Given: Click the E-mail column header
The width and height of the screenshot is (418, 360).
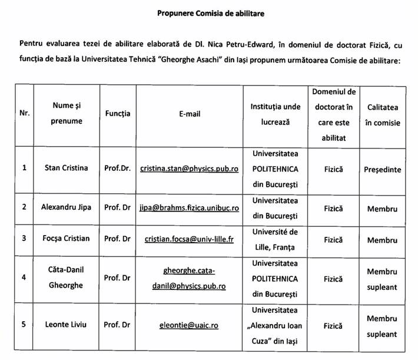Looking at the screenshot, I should click(189, 114).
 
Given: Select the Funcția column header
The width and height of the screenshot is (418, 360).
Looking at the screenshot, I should click(117, 114).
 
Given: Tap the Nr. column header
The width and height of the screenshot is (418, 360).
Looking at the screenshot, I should click(24, 114).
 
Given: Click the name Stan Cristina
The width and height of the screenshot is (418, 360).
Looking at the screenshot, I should click(67, 168).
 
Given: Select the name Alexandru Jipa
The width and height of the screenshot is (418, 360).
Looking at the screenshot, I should click(66, 208).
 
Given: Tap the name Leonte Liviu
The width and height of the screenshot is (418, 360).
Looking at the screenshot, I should click(66, 324).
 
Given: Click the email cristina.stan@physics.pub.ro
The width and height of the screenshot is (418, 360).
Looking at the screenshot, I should click(189, 169).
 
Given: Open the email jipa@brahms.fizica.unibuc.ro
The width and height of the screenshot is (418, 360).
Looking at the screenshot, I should click(189, 209).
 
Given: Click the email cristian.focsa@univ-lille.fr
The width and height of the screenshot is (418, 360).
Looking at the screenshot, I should click(189, 239).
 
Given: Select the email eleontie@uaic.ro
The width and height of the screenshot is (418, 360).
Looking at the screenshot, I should click(189, 325).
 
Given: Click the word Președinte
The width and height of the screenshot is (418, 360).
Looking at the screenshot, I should click(382, 169).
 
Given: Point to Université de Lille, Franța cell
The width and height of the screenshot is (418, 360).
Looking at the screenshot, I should click(275, 239).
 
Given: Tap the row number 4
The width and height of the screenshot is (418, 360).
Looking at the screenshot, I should click(24, 277).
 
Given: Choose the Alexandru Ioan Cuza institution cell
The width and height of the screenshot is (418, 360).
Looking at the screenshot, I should click(275, 324).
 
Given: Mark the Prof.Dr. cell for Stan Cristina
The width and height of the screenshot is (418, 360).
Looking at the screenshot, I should click(117, 168).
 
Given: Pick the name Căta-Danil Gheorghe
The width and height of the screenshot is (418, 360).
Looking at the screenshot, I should click(66, 277).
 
